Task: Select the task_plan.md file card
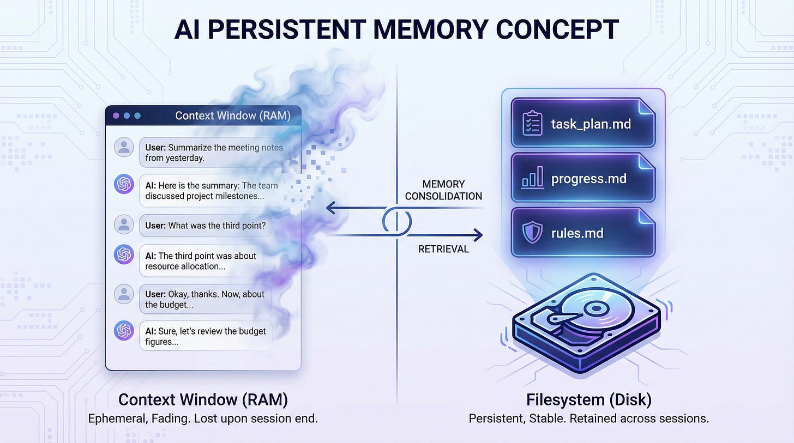pos(583,123)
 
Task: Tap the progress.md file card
pos(583,178)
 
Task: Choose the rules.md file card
pos(583,233)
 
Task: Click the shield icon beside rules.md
pos(532,233)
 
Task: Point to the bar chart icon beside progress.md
pos(532,179)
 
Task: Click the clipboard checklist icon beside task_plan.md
pos(532,123)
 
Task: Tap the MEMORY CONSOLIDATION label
pos(443,190)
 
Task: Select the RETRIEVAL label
pos(443,249)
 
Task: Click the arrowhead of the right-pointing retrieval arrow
pos(478,235)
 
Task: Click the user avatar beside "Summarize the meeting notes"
pos(124,147)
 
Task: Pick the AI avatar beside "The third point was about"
pos(124,254)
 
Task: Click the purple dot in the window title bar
pos(116,116)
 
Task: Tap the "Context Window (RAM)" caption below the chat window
pos(203,399)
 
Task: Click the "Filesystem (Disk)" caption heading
pos(588,399)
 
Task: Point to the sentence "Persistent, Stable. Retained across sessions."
pos(588,419)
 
